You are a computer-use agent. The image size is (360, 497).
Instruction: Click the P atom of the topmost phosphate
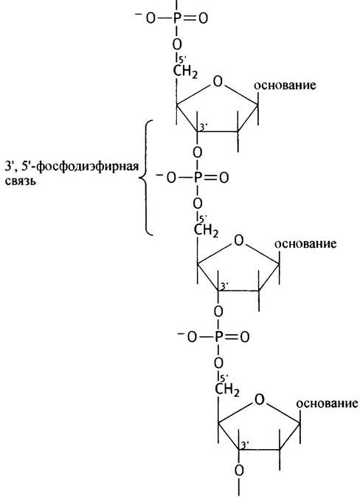pos(177,18)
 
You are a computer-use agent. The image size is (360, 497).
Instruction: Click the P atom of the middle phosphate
pos(198,178)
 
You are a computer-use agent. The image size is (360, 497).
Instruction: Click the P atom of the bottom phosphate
pos(219,337)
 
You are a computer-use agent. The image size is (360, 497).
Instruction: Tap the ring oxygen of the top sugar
pos(218,82)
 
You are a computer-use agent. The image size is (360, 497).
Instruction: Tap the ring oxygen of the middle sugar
pos(238,241)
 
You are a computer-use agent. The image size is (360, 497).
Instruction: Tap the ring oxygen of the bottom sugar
pos(260,400)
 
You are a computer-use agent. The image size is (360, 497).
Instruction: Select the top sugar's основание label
pos(285,86)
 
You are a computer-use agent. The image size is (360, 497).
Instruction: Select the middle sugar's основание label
pos(305,244)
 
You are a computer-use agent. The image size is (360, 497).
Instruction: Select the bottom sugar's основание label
pos(327,403)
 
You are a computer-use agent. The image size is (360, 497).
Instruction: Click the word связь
pos(21,181)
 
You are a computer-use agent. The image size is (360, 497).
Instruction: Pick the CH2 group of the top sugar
pos(186,72)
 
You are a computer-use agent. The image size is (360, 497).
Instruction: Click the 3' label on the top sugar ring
pos(203,127)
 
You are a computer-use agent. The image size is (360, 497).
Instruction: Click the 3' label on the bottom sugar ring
pos(244,445)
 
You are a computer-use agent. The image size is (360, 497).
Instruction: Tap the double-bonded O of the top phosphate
pos(203,18)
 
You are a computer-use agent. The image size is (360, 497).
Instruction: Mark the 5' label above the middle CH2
pos(203,218)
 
